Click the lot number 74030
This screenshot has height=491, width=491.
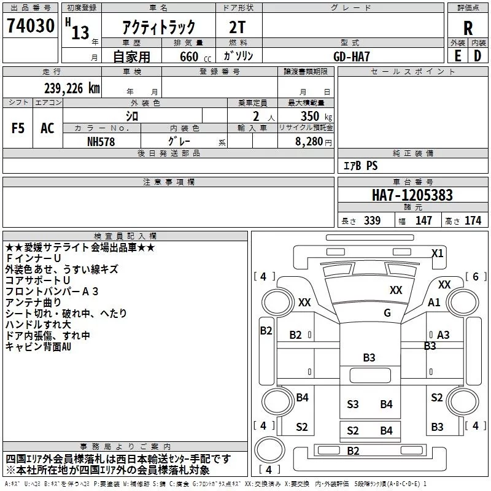[30, 26]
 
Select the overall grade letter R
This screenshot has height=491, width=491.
[468, 28]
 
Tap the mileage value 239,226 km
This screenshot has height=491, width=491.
[72, 88]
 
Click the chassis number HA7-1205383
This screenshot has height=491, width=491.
[412, 195]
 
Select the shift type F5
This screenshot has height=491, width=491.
[18, 128]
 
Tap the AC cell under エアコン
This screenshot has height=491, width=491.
[47, 128]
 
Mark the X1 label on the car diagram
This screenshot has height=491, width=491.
[438, 253]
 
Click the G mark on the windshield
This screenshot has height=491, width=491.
[387, 313]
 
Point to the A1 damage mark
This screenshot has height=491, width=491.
[435, 302]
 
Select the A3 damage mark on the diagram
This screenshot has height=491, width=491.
[443, 334]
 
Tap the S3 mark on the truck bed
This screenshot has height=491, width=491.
[353, 404]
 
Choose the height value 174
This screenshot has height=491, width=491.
[473, 220]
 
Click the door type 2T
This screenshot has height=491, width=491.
[238, 27]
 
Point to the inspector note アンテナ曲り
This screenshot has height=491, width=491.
[33, 302]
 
